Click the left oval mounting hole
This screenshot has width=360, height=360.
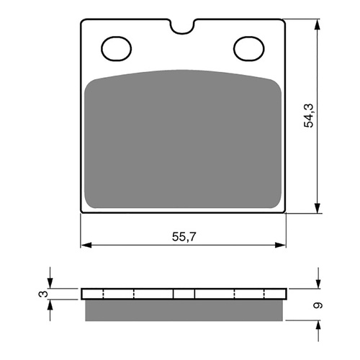[x=114, y=49]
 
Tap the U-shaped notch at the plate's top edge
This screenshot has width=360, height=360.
[x=184, y=27]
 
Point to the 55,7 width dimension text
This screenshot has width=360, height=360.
[x=184, y=236]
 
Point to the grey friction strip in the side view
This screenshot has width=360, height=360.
[x=184, y=310]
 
